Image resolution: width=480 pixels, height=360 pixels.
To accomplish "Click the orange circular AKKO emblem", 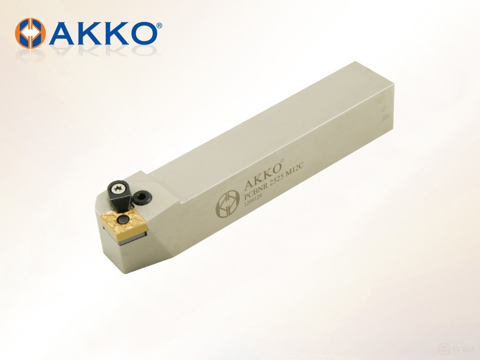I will point(30,33).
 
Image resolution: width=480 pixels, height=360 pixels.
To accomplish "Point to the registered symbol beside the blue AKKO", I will point(159,25).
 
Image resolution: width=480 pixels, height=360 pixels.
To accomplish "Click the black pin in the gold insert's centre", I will point(122,219).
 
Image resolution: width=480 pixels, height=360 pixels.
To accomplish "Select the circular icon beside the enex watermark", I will point(443,349).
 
